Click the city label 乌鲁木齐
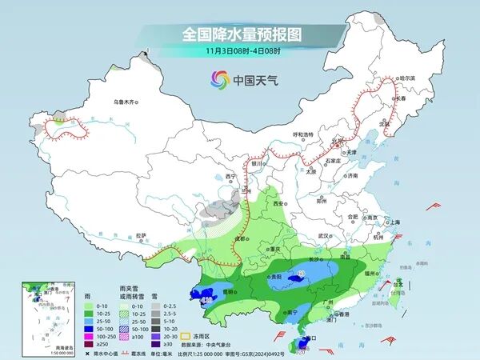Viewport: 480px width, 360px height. (x=126, y=102)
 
